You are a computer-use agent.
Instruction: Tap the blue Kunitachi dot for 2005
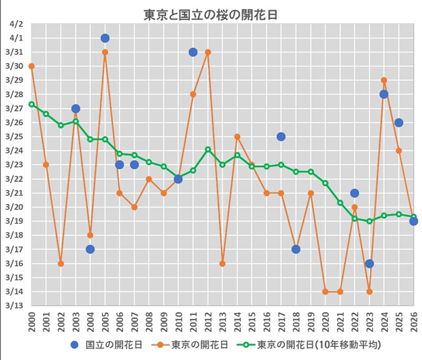click(105, 38)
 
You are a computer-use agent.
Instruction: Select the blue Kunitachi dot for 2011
click(193, 52)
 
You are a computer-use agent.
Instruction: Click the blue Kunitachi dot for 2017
click(281, 137)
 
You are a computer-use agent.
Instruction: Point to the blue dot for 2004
click(90, 249)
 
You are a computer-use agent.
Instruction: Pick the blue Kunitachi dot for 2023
click(369, 263)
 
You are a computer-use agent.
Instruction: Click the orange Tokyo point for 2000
click(31, 66)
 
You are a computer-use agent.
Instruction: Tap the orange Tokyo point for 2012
click(208, 52)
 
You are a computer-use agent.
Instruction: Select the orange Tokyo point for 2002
click(61, 263)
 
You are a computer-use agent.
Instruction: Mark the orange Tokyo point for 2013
click(222, 263)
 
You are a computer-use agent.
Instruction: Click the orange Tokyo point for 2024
click(384, 80)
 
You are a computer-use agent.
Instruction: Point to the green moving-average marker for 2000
click(31, 104)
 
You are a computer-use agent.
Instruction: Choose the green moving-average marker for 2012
click(208, 149)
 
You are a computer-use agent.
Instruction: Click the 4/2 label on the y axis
click(16, 24)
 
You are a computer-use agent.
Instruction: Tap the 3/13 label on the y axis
click(16, 306)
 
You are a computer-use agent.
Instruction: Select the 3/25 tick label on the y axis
click(16, 137)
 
